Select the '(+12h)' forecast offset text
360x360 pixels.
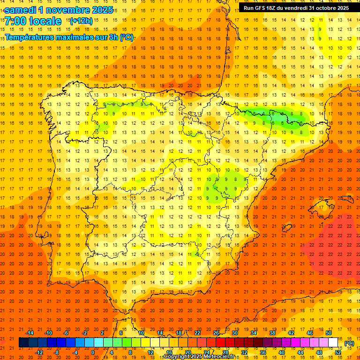81,21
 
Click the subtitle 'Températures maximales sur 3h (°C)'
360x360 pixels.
69,37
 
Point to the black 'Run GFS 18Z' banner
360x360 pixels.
296,7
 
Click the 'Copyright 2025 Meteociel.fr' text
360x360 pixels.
199,357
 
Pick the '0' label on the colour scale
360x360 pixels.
93,352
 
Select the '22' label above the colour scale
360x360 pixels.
197,333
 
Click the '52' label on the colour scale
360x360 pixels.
338,352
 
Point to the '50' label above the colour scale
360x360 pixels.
329,333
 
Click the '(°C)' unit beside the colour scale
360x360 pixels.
349,343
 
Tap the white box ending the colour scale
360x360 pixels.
333,343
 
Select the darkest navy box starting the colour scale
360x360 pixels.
24,343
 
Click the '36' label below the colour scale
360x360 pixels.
263,352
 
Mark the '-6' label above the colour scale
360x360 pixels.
66,333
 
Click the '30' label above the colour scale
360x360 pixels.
235,333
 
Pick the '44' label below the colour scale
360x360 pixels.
300,352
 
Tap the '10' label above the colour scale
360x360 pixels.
141,333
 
